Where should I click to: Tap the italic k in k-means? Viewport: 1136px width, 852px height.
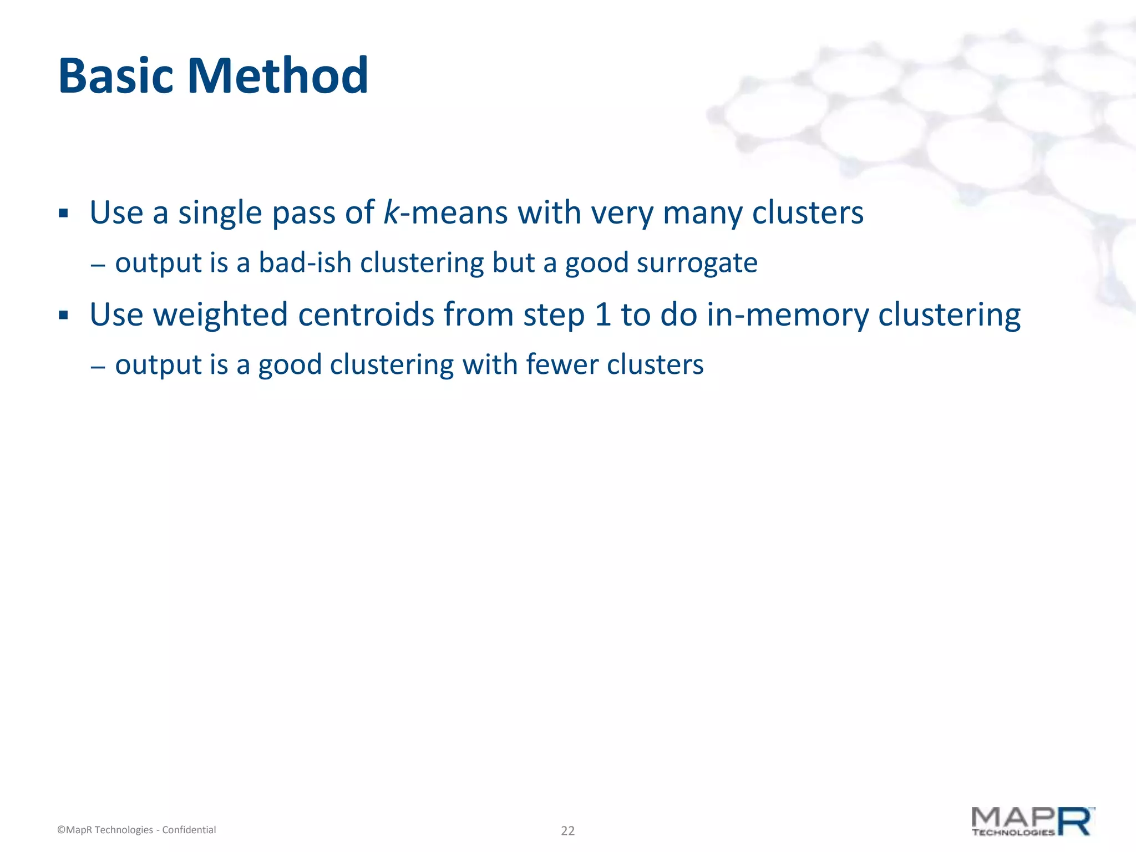point(391,212)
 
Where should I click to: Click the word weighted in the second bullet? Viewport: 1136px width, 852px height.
point(220,315)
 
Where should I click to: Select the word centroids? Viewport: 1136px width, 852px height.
point(366,315)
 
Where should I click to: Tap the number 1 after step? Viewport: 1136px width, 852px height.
point(602,315)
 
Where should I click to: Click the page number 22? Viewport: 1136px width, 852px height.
point(567,830)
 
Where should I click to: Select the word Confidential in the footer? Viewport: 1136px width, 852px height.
point(189,830)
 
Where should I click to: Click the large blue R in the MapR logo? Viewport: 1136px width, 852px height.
point(1075,821)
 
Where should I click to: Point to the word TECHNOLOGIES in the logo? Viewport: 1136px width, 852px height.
point(1013,833)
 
